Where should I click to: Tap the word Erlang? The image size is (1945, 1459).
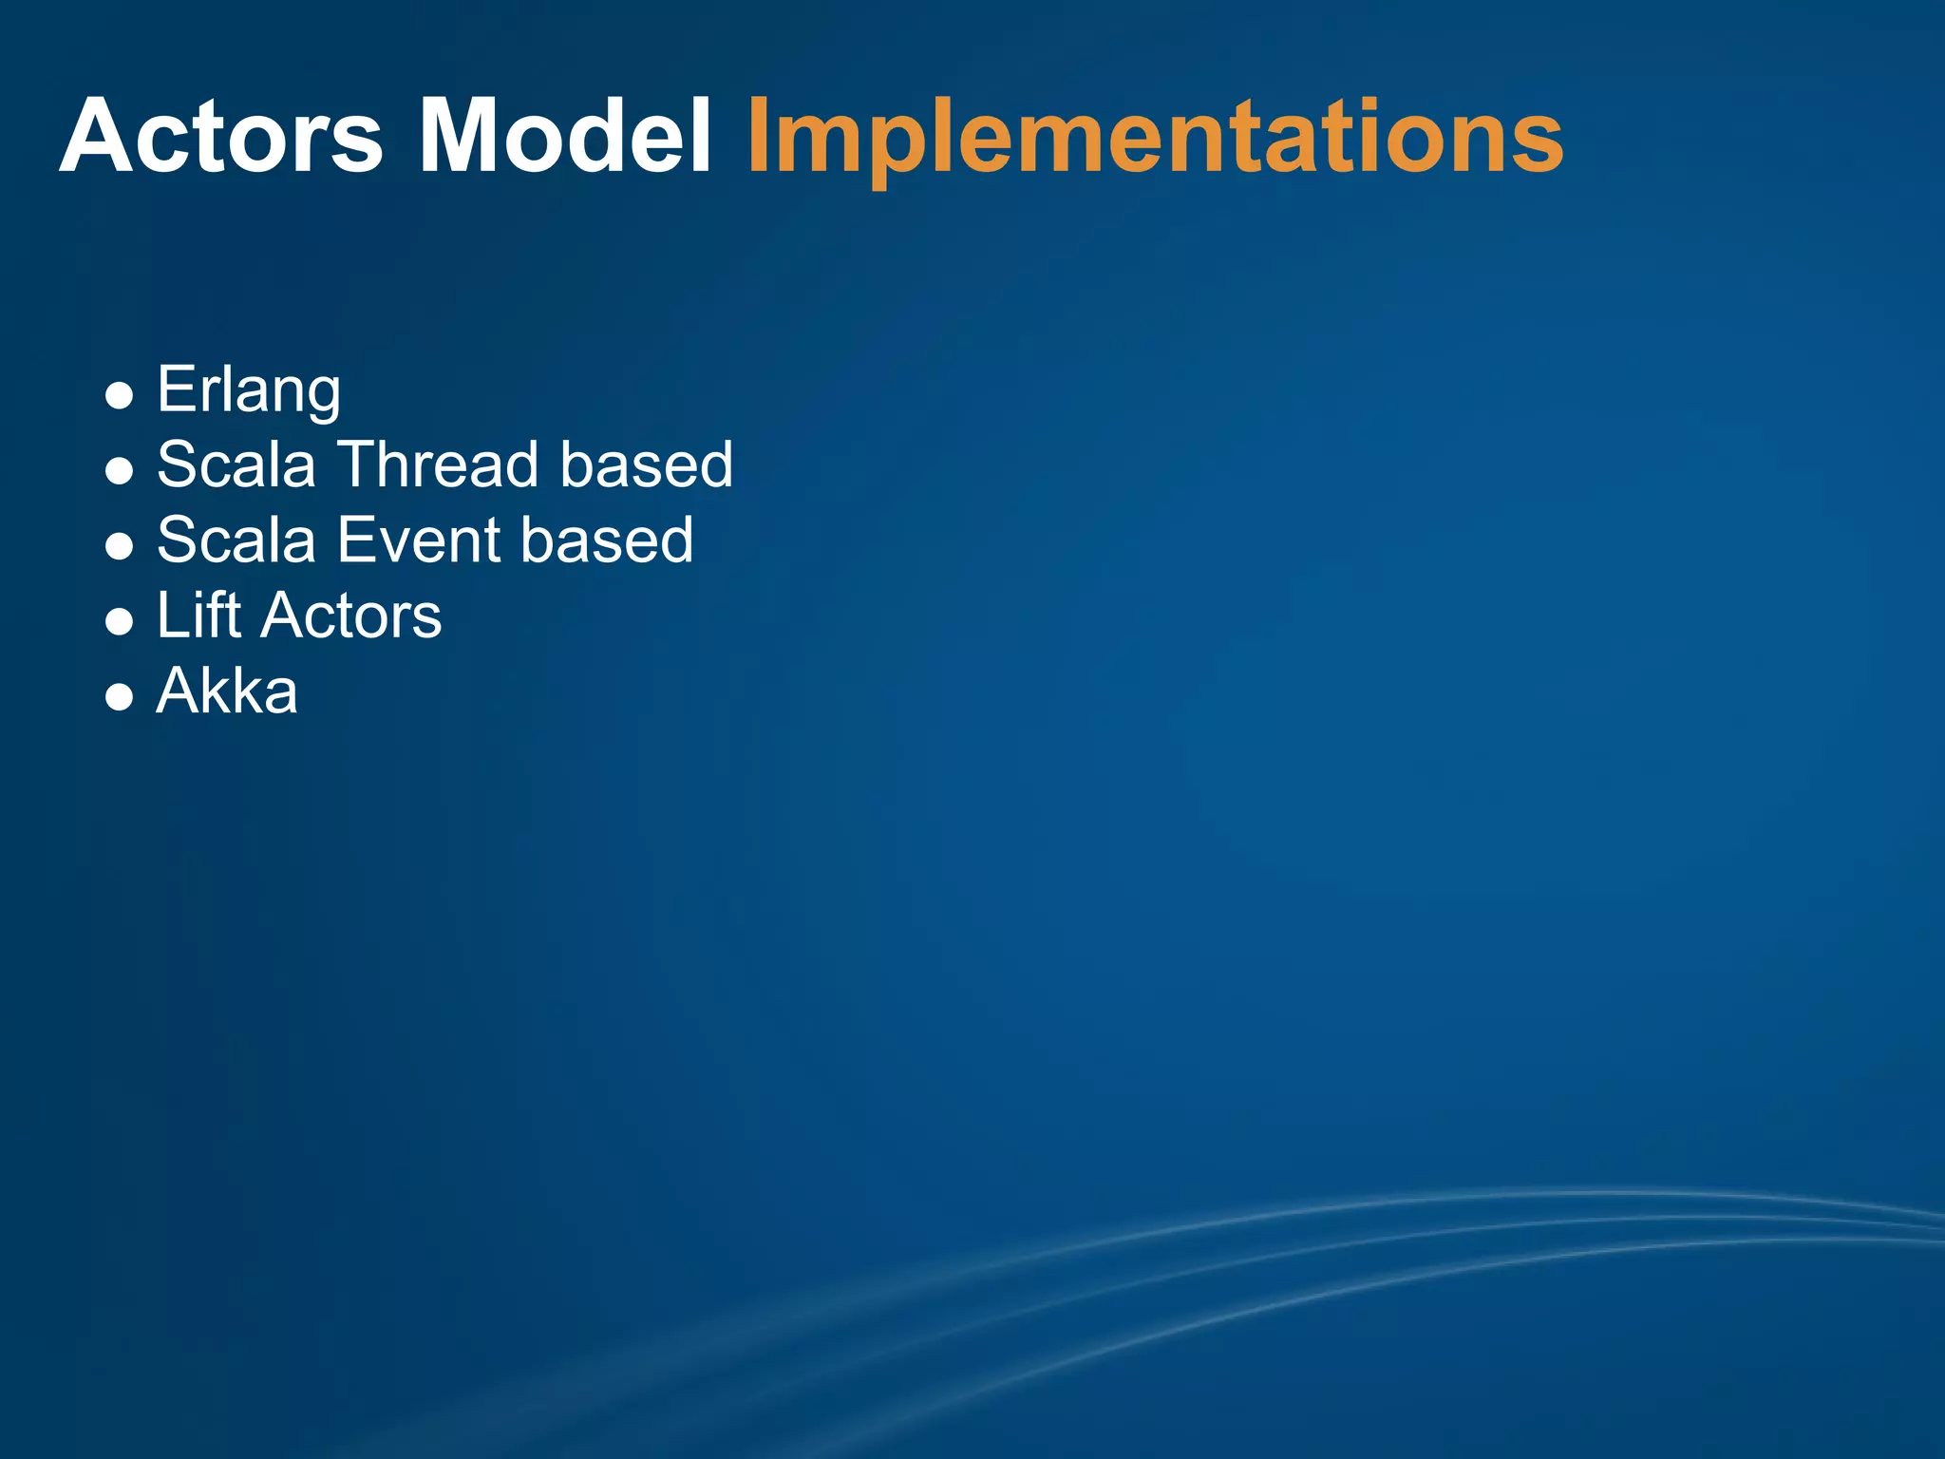(x=249, y=390)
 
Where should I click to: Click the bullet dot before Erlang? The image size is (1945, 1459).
(x=119, y=395)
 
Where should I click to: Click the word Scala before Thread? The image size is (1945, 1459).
(x=236, y=464)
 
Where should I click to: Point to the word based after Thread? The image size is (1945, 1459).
(x=646, y=464)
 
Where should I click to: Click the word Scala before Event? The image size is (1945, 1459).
(x=236, y=540)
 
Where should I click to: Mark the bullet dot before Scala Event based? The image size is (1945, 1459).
(x=119, y=546)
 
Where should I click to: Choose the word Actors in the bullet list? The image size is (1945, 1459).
(x=350, y=615)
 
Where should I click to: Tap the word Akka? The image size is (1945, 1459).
(x=227, y=691)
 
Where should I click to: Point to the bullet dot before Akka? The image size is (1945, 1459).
(x=119, y=698)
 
